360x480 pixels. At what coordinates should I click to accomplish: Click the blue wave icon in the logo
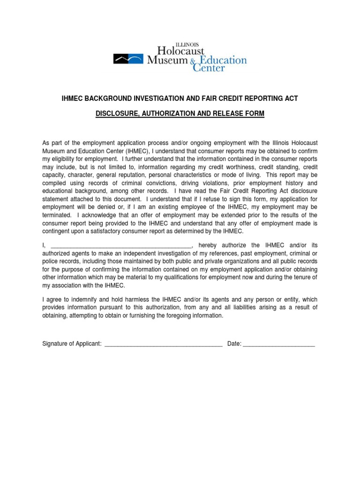pyautogui.click(x=128, y=59)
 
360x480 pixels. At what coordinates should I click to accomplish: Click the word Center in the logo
pyautogui.click(x=209, y=68)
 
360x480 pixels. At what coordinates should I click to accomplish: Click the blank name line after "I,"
pyautogui.click(x=121, y=246)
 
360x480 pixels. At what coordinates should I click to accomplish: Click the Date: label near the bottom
pyautogui.click(x=234, y=344)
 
